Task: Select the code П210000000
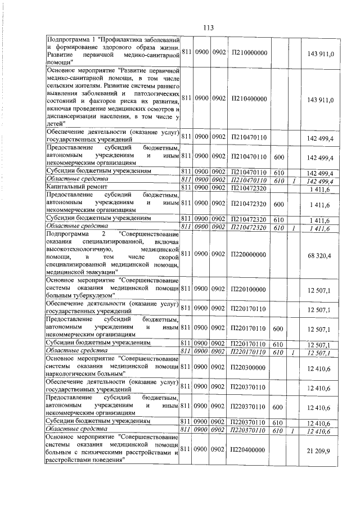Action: click(x=248, y=52)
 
